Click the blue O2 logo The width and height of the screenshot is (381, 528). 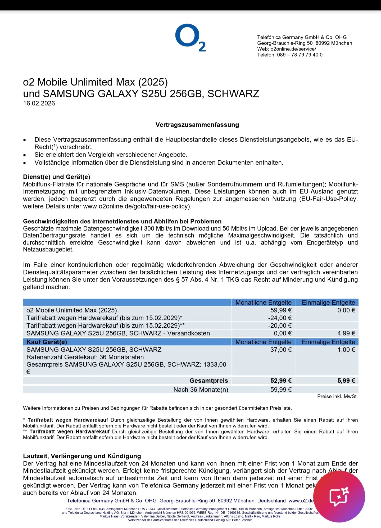190,38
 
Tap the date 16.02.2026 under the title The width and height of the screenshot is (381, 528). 39,103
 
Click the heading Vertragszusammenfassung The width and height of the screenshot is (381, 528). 197,125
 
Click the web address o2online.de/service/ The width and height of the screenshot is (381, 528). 293,49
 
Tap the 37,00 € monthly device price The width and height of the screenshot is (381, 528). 281,350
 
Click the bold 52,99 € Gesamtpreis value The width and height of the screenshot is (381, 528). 281,381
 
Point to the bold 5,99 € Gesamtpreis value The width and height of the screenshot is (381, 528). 346,381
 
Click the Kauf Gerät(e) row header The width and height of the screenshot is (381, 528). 47,342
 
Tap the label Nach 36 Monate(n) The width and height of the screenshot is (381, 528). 201,390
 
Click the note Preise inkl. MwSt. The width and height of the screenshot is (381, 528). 337,396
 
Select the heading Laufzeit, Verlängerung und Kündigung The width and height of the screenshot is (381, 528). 82,456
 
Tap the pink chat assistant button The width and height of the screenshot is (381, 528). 339,497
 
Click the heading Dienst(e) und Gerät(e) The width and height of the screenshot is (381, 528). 57,177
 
